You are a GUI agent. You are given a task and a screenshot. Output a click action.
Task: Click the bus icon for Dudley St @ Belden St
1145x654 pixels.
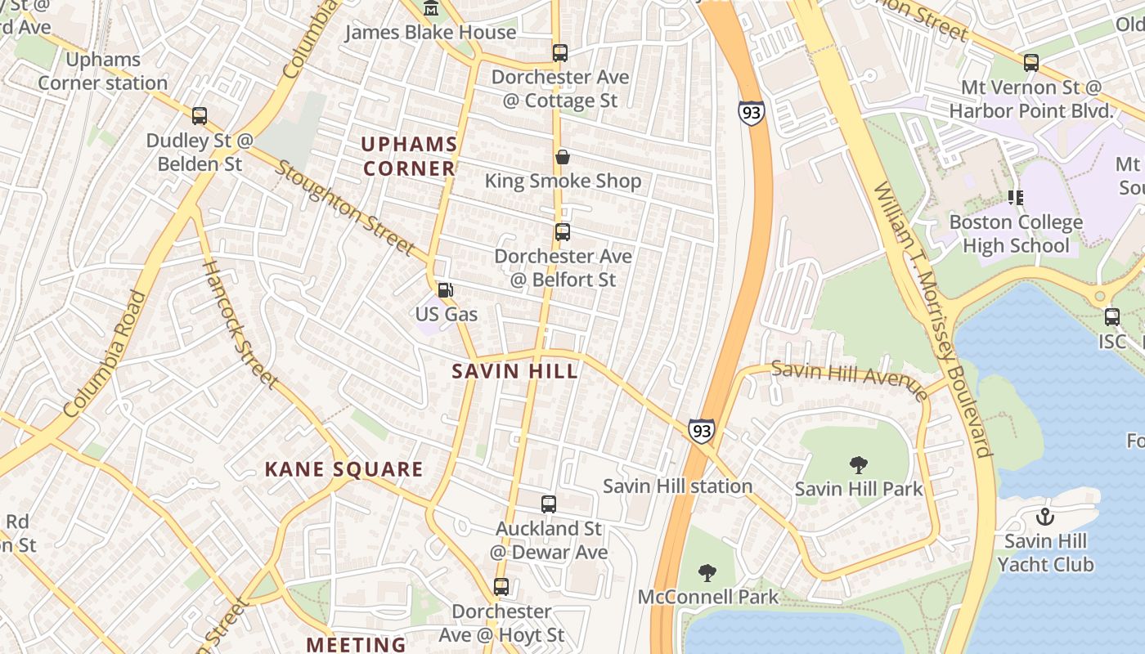coord(200,116)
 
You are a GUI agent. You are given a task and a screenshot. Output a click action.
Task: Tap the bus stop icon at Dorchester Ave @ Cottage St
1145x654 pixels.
coord(560,53)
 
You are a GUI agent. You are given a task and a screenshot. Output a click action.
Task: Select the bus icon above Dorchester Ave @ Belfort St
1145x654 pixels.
coord(563,232)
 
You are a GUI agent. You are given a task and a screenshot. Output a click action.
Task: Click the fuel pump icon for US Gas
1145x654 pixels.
coord(446,290)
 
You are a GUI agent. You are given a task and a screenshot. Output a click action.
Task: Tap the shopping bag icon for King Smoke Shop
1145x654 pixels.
coord(563,157)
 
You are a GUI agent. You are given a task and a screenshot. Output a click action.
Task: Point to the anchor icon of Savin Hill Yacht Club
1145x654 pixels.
coord(1044,517)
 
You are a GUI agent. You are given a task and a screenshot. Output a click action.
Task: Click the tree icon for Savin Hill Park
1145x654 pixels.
coord(859,465)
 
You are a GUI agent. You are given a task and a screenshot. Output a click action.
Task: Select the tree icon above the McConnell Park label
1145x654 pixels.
coord(707,573)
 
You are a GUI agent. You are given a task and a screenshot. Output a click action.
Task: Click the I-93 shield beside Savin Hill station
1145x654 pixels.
coord(701,431)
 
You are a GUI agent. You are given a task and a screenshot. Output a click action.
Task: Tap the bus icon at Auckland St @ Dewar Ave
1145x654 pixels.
coord(549,504)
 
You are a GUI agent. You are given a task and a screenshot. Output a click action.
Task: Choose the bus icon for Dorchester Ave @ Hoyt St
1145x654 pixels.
coord(501,587)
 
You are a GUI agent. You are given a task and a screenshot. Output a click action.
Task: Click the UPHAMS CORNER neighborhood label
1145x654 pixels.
coord(409,156)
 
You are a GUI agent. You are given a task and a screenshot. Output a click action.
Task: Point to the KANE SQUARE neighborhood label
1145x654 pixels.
coord(343,469)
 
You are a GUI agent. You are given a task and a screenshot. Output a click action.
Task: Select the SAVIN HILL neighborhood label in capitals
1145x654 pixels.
coord(515,371)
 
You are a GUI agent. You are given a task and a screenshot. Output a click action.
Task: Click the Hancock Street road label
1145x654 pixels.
coord(239,323)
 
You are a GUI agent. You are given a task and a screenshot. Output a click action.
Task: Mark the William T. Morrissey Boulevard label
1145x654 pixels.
coord(932,319)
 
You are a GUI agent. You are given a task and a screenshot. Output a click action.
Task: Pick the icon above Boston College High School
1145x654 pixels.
coord(1016,198)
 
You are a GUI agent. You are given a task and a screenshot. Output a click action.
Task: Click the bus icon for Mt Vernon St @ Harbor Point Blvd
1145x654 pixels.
coord(1031,63)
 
